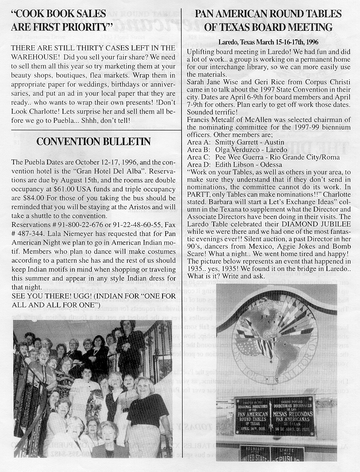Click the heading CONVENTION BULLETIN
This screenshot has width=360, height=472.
(x=93, y=142)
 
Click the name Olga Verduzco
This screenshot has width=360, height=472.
(x=240, y=149)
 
